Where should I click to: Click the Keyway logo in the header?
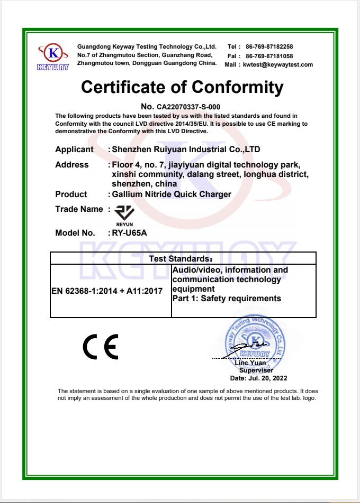point(53,57)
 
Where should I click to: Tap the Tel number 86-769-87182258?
point(269,46)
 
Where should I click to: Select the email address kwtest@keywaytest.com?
point(278,64)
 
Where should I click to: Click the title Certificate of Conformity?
point(182,87)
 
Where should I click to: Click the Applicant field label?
point(74,150)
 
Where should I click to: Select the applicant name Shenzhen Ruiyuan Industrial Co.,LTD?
point(186,150)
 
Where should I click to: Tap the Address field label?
point(72,165)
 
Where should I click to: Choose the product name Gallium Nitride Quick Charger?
point(172,194)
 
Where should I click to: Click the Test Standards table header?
point(183,258)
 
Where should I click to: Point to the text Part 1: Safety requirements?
point(227,299)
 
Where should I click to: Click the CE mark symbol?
point(101,347)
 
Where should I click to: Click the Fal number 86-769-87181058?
point(269,56)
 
